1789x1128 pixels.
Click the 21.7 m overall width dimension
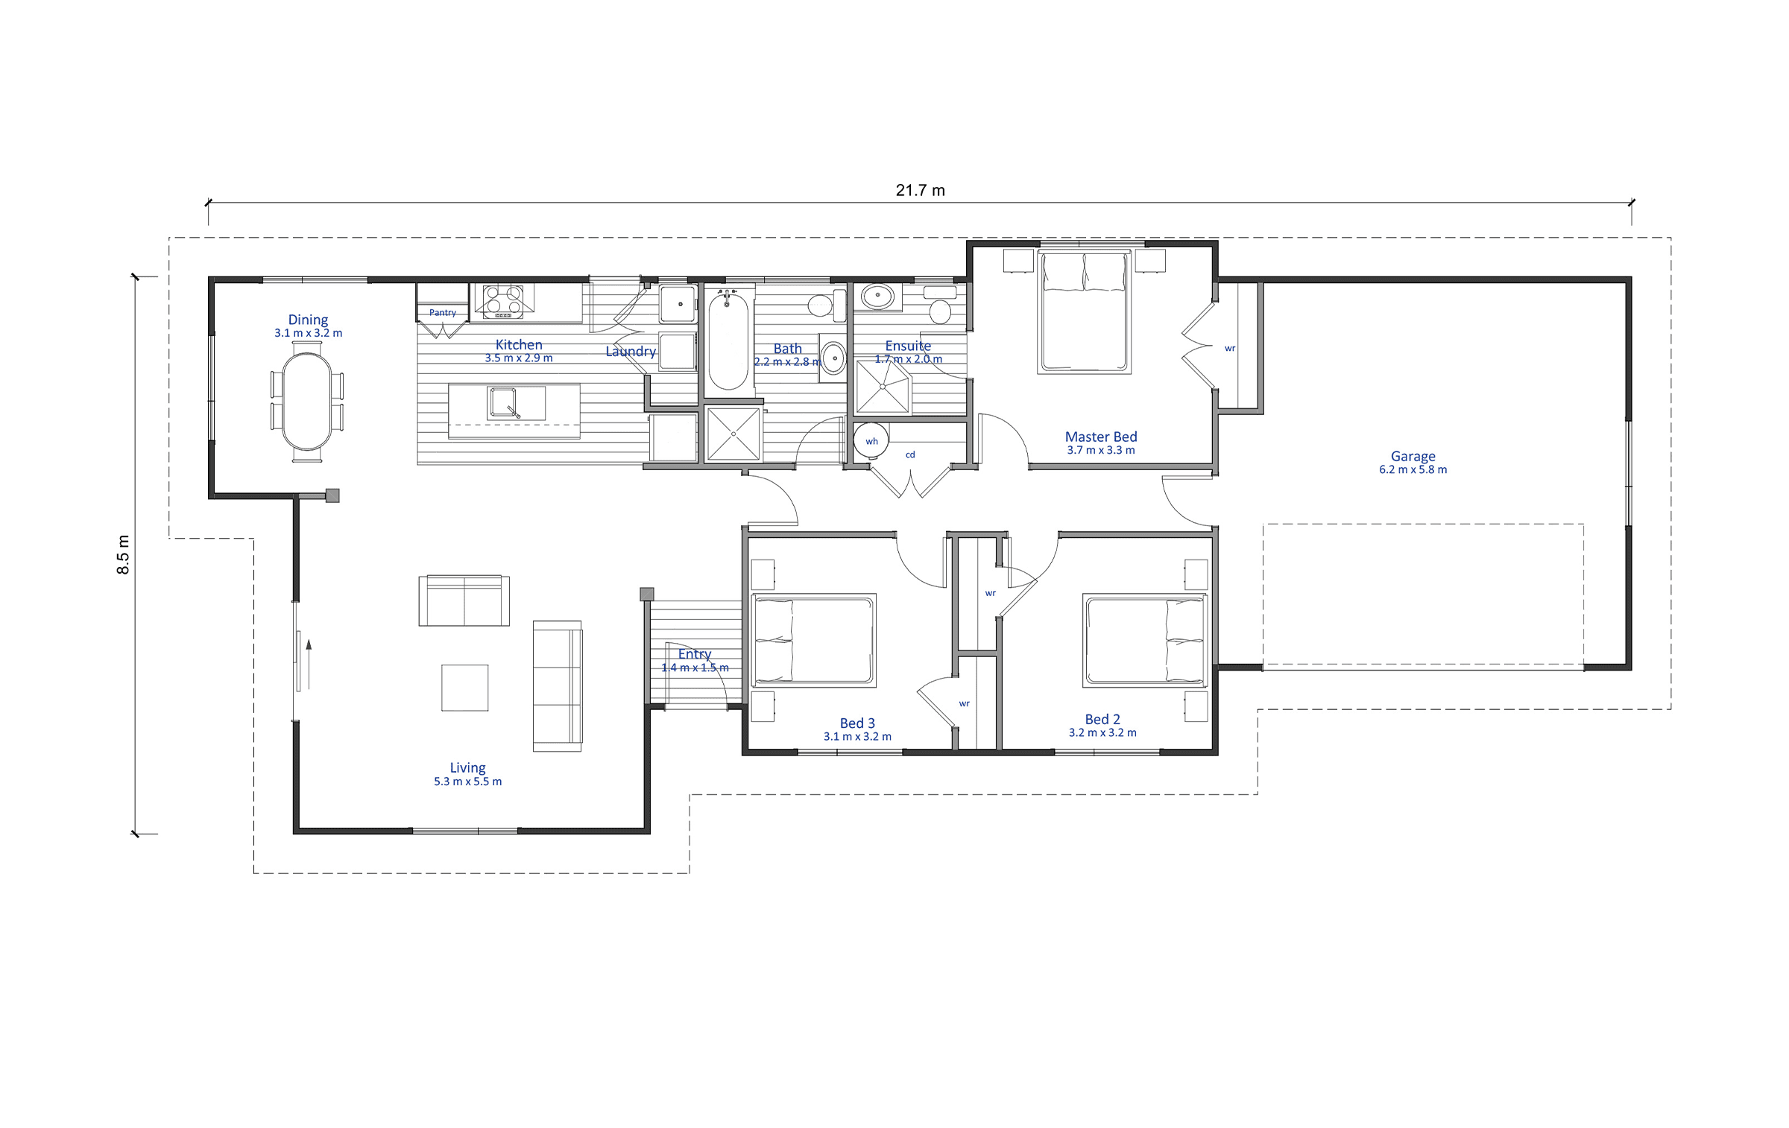[x=920, y=191]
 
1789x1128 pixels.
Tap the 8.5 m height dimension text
[x=124, y=554]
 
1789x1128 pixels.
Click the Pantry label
[x=443, y=313]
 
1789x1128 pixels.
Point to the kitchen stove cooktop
[x=503, y=301]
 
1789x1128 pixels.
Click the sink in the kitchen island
[x=506, y=403]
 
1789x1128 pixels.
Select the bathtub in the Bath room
[x=728, y=340]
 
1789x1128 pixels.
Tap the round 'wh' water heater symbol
[x=871, y=441]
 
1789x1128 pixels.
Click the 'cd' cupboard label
[x=910, y=454]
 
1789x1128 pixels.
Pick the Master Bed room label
[x=1101, y=437]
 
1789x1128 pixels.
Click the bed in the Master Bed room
[x=1085, y=311]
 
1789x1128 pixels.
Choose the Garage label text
[x=1413, y=456]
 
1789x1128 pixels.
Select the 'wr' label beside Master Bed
[x=1230, y=348]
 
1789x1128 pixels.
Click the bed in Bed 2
[x=1145, y=640]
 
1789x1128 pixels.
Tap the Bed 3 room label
[x=857, y=723]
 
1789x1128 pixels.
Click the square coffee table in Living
[x=464, y=688]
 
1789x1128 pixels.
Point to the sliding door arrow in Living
[x=308, y=664]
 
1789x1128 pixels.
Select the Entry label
[x=695, y=654]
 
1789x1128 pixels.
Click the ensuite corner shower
[x=883, y=387]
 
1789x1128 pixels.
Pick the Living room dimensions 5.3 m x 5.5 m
[x=468, y=782]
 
